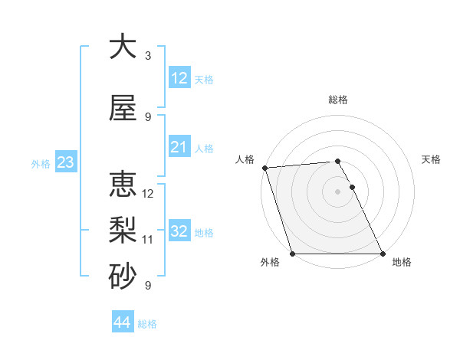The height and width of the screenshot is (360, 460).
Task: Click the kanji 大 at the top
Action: tap(123, 47)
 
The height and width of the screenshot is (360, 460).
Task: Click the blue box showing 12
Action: tap(179, 78)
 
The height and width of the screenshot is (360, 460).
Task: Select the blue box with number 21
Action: tap(179, 147)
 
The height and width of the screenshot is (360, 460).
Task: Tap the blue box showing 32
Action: tap(179, 231)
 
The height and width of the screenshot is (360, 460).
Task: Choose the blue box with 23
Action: tap(65, 162)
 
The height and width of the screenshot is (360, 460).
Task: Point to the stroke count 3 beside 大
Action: tap(148, 56)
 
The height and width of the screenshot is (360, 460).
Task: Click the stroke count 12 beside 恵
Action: tap(148, 194)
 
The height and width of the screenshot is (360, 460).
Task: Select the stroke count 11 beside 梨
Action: tap(148, 240)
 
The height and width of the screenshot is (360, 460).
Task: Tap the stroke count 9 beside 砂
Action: tap(148, 286)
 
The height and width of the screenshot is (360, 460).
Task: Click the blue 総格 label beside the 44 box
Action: tap(148, 324)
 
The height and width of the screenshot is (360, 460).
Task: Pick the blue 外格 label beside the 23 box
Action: tap(41, 164)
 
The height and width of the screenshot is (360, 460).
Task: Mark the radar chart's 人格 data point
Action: tap(264, 168)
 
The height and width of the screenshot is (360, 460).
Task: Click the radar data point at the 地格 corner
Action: tap(383, 254)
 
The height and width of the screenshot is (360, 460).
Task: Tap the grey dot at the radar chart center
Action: tap(337, 191)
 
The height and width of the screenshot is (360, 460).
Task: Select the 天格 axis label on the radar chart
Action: tap(432, 159)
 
